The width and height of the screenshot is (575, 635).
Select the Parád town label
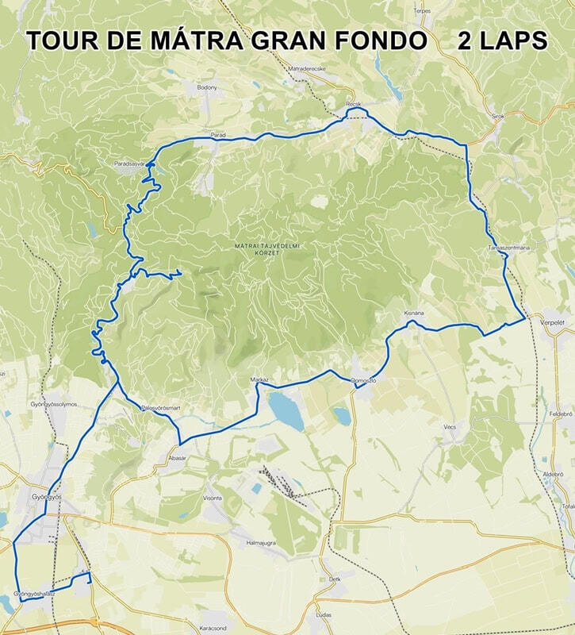pyautogui.click(x=218, y=135)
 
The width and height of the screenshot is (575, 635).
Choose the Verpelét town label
pyautogui.click(x=551, y=323)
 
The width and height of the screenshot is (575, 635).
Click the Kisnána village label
pyautogui.click(x=415, y=314)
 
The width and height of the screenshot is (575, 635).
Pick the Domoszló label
pyautogui.click(x=363, y=382)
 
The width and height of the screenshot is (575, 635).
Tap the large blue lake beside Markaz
pyautogui.click(x=286, y=410)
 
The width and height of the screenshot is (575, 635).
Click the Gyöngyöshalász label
pyautogui.click(x=33, y=594)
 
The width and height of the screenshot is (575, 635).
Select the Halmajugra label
pyautogui.click(x=260, y=542)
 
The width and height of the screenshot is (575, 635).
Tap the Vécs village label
pyautogui.click(x=450, y=426)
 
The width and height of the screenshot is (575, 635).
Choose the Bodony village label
pyautogui.click(x=206, y=86)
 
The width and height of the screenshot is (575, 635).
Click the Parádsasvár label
pyautogui.click(x=129, y=163)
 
